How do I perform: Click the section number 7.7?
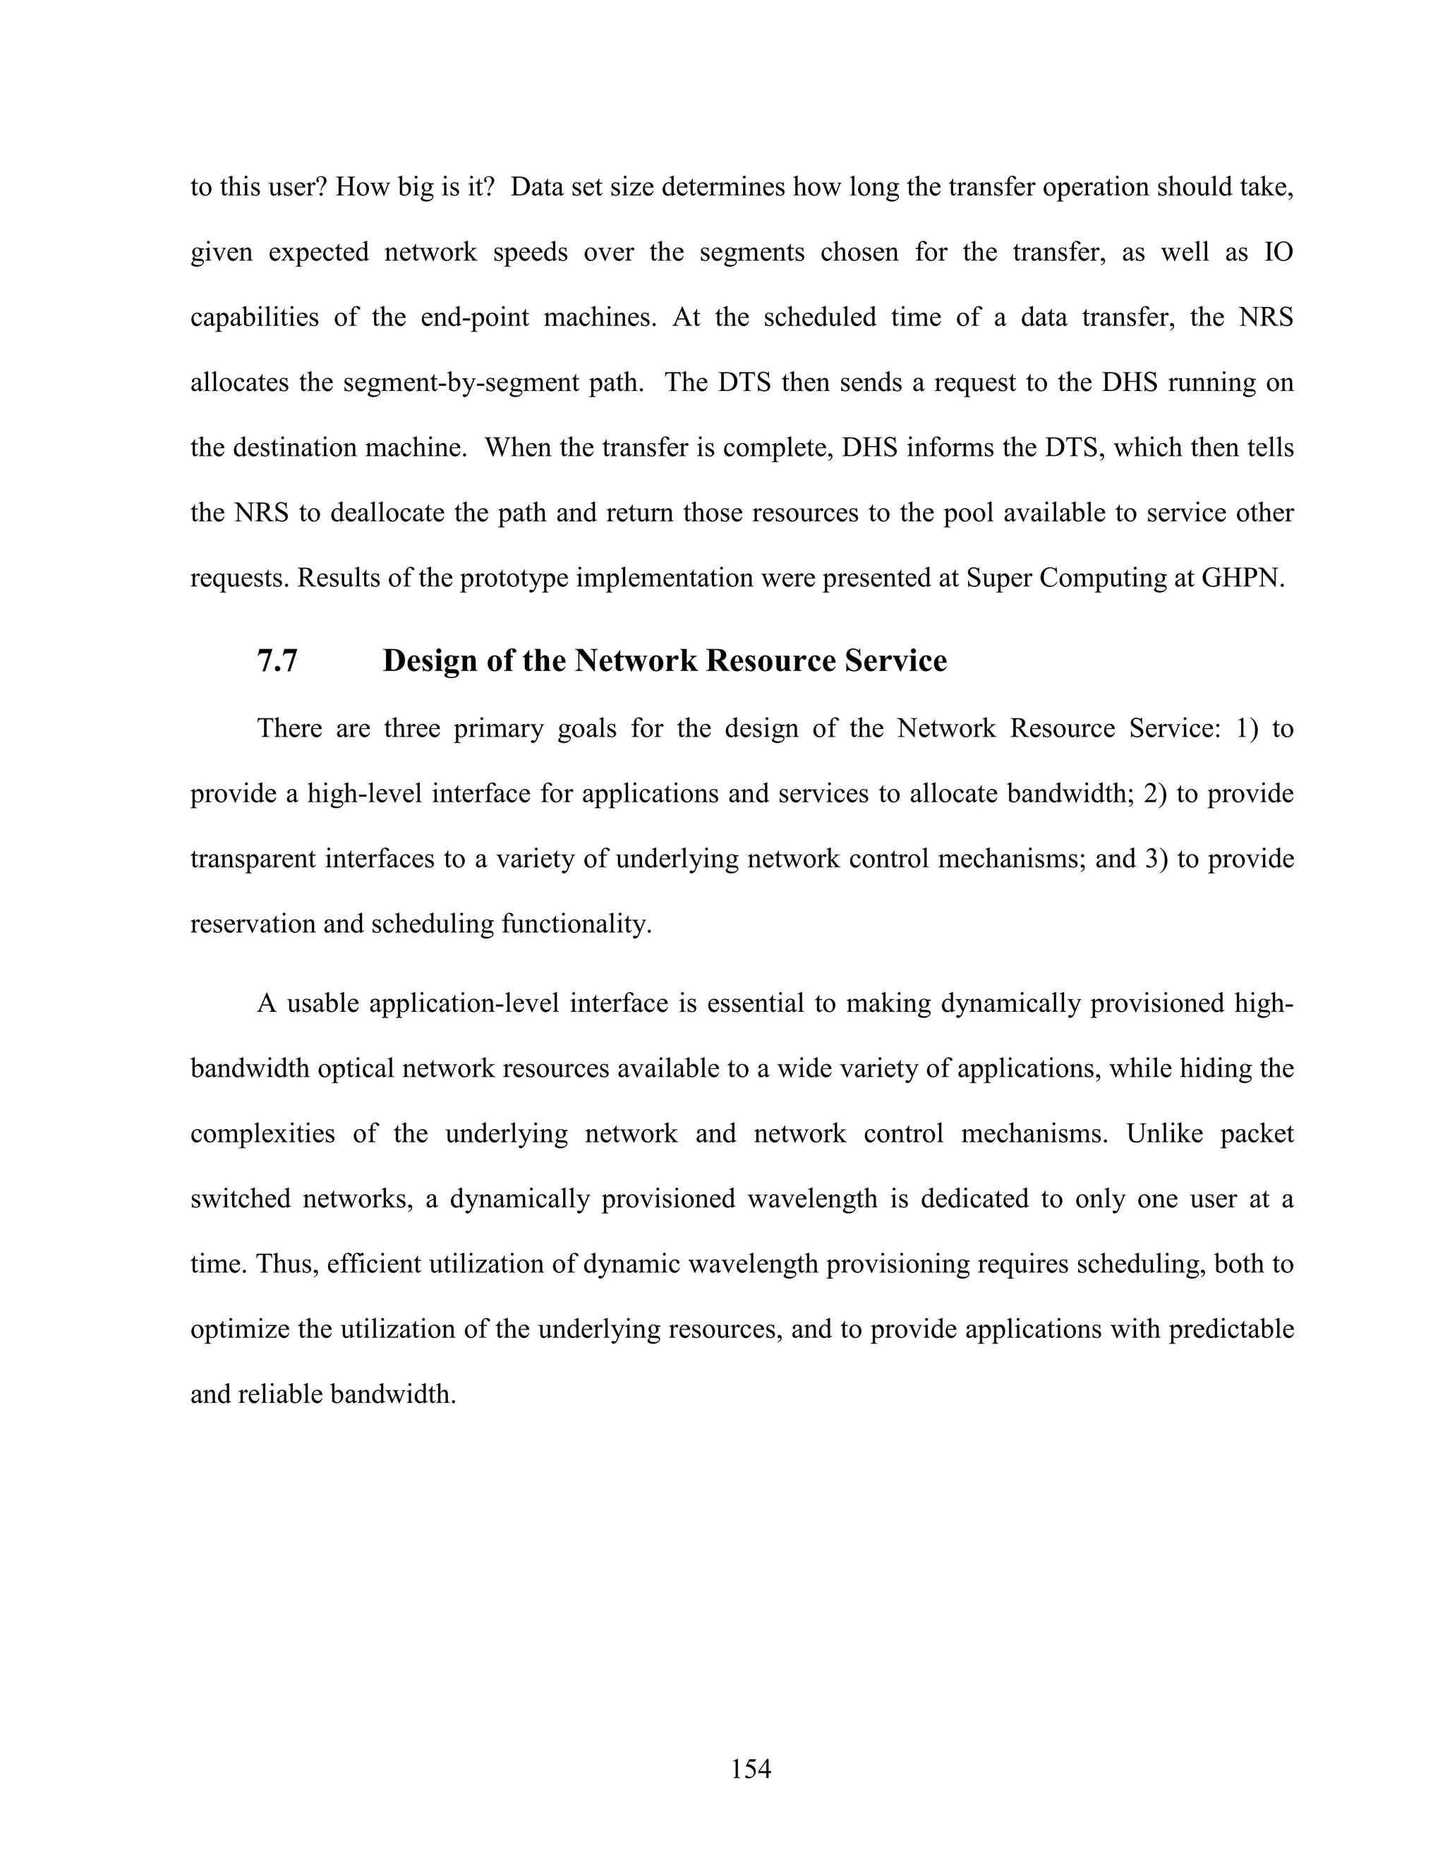(277, 661)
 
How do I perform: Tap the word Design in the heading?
(430, 661)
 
